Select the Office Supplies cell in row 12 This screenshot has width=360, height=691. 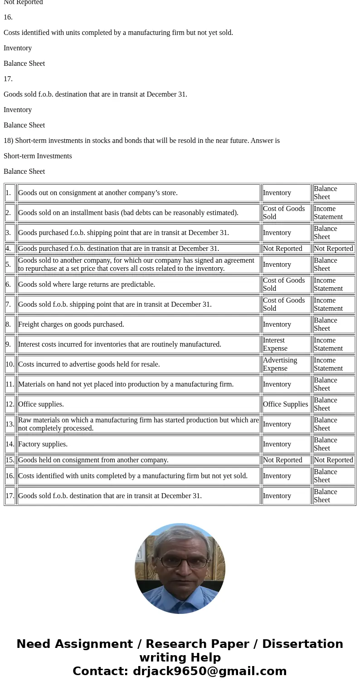285,404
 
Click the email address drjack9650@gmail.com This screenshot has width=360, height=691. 209,671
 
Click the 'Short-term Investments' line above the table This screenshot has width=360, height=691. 38,156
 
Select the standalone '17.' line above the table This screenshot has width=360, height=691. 8,79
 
